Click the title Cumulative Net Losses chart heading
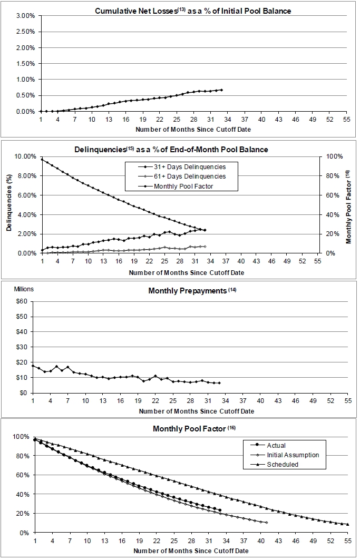[192, 11]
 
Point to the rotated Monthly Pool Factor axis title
[348, 204]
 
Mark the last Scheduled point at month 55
[348, 524]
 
